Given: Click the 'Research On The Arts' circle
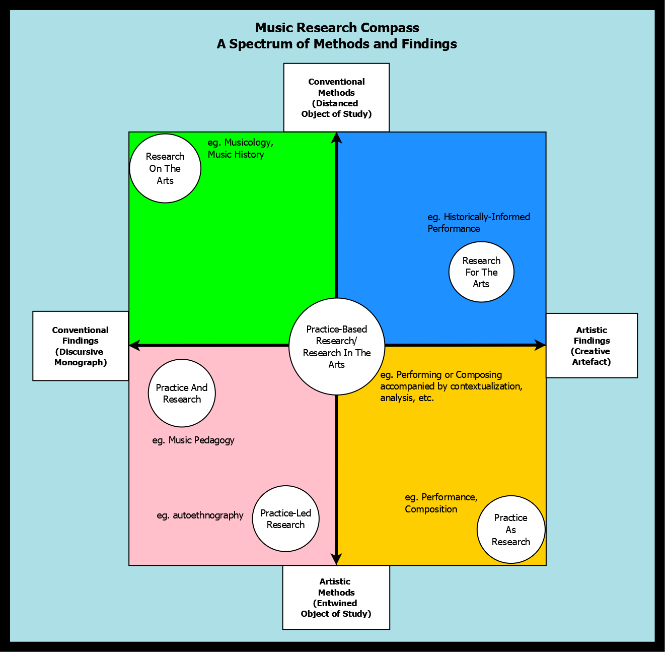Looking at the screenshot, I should [x=165, y=168].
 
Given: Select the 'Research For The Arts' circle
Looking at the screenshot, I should [x=481, y=272].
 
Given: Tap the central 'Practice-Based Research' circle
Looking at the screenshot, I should [x=337, y=346].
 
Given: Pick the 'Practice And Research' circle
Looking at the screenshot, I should [x=182, y=394].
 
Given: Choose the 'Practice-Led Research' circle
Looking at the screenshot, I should [x=285, y=519].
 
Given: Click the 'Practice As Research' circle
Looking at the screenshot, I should [x=511, y=530].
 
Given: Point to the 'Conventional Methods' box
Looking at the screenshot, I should [x=336, y=98].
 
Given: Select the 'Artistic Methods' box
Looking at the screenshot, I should [x=336, y=598].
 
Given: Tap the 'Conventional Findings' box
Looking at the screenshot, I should [x=81, y=346].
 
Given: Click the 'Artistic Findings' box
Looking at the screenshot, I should [x=592, y=346].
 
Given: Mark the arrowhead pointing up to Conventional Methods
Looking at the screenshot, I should [x=337, y=137].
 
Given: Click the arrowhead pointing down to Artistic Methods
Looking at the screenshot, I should [x=337, y=559].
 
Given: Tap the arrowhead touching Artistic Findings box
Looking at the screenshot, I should [x=540, y=346].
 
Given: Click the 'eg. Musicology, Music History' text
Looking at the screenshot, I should [x=241, y=149].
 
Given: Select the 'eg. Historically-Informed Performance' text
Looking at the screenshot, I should [x=479, y=223].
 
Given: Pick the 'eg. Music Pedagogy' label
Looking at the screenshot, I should [x=193, y=440].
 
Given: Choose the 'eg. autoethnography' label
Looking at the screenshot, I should [x=200, y=515].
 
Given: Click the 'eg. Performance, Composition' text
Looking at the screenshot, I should [x=441, y=503].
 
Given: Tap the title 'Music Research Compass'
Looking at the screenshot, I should [x=337, y=28].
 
